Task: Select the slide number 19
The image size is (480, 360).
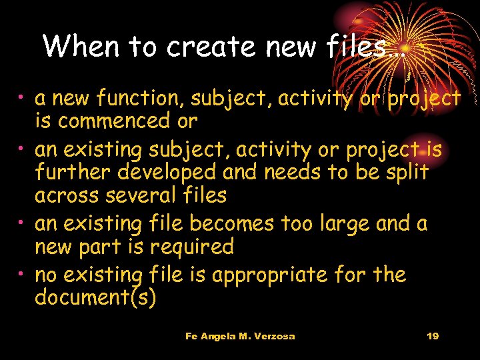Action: coord(432,336)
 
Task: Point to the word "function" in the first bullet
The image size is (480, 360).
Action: coord(141,99)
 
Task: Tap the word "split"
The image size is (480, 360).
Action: coord(405,172)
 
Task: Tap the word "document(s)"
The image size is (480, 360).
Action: coord(95,298)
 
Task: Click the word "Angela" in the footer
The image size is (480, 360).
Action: coord(218,336)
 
